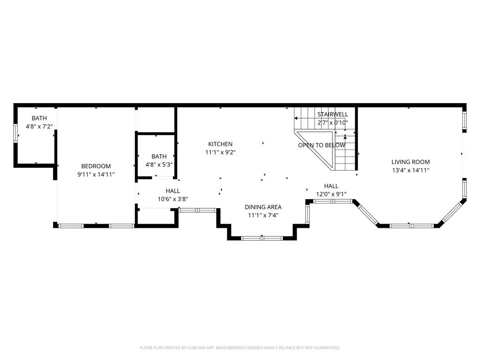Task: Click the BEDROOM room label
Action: pyautogui.click(x=96, y=166)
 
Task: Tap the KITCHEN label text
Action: pyautogui.click(x=220, y=144)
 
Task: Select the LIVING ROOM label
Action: pyautogui.click(x=411, y=162)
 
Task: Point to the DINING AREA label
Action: pyautogui.click(x=263, y=207)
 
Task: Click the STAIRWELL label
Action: pyautogui.click(x=333, y=114)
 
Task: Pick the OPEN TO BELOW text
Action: pyautogui.click(x=322, y=145)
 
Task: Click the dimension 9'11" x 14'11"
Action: pyautogui.click(x=96, y=174)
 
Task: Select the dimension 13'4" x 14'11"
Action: pyautogui.click(x=411, y=171)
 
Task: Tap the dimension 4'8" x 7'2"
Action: pyautogui.click(x=39, y=126)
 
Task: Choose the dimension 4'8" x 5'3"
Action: pyautogui.click(x=159, y=165)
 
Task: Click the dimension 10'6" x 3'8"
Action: pyautogui.click(x=172, y=199)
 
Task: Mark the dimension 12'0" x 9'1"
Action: pyautogui.click(x=331, y=194)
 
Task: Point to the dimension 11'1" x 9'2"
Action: pyautogui.click(x=220, y=152)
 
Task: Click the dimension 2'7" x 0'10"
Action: pyautogui.click(x=333, y=123)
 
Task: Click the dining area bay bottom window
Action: pyautogui.click(x=262, y=238)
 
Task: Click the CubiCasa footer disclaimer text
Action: pyautogui.click(x=240, y=348)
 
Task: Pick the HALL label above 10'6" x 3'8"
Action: pyautogui.click(x=172, y=191)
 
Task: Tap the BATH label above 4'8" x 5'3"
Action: pyautogui.click(x=159, y=157)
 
